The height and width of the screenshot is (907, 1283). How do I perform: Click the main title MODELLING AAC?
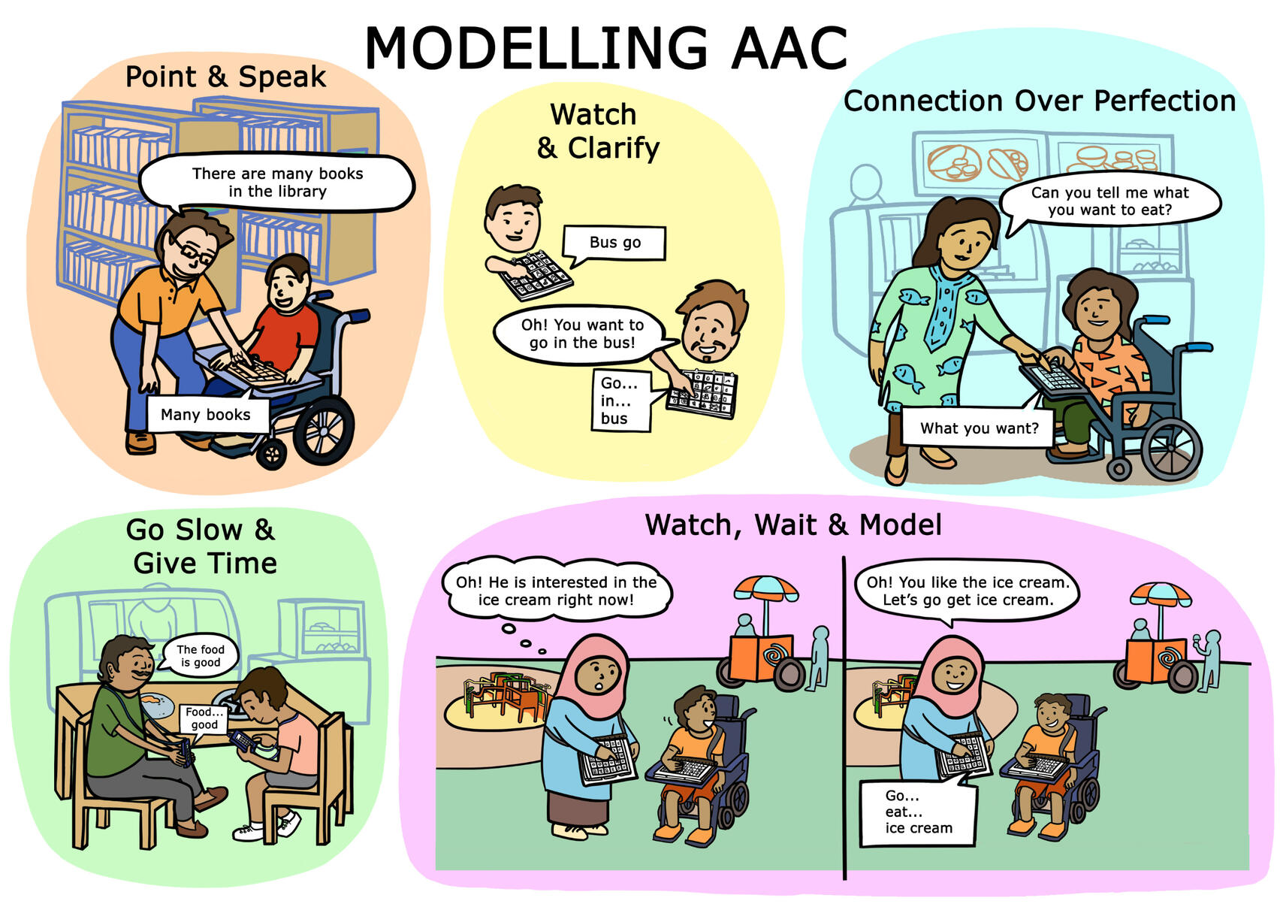pos(605,48)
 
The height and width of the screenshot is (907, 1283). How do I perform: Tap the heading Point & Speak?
pos(225,77)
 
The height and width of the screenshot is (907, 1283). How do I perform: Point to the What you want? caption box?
pos(978,428)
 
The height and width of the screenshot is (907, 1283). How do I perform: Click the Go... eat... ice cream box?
pos(918,811)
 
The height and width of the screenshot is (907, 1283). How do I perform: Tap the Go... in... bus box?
pos(622,400)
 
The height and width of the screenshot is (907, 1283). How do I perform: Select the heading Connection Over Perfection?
pos(1039,101)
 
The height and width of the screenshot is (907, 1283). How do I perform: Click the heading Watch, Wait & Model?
pos(793,525)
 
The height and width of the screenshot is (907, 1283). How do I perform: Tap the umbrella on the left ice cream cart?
pos(765,588)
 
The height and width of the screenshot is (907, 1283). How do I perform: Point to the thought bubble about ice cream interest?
pos(556,591)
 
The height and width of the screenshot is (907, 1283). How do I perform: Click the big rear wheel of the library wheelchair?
pos(324,430)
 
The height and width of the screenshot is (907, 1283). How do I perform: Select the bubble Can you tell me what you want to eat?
pos(1109,201)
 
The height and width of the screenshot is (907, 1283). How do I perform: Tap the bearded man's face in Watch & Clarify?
pos(711,327)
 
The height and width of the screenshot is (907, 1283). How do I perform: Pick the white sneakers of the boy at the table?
pos(268,827)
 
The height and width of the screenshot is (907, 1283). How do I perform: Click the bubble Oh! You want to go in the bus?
pos(581,334)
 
